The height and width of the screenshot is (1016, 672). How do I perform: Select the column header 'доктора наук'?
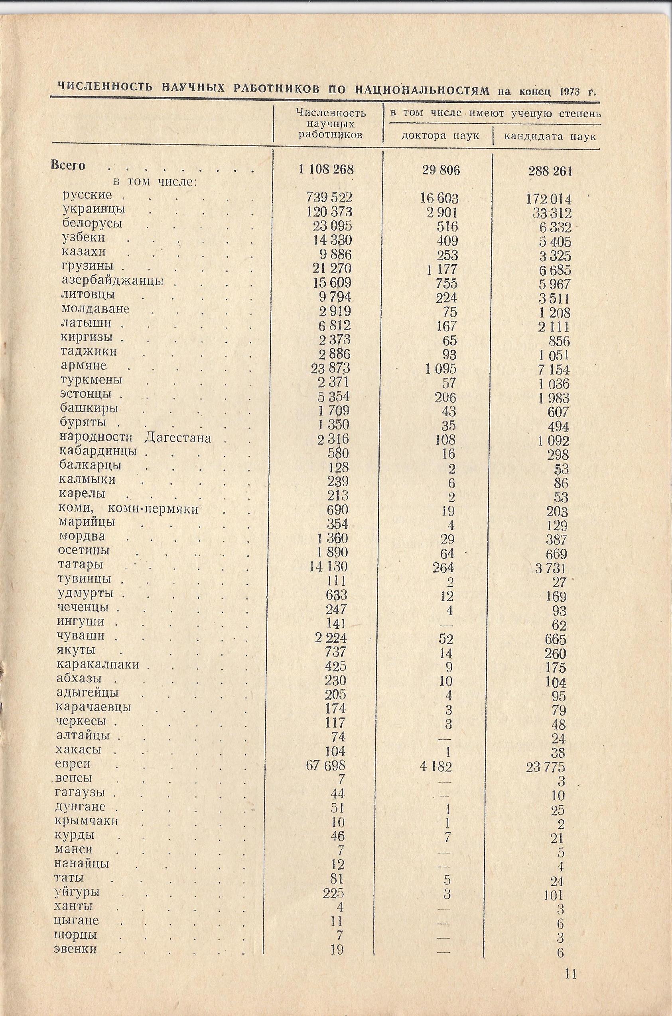point(440,136)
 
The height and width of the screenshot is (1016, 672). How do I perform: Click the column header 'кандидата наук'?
point(550,137)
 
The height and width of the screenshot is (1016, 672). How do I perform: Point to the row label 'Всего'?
point(68,165)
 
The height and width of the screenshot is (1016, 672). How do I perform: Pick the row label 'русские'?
point(87,195)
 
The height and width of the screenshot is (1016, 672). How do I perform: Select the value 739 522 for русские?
point(329,197)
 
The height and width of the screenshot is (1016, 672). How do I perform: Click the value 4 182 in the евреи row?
point(437,766)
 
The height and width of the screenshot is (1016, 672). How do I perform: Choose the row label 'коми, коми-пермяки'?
point(128,509)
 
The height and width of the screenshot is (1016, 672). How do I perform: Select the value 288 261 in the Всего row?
point(550,171)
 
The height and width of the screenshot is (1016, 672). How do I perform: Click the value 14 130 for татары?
point(328,567)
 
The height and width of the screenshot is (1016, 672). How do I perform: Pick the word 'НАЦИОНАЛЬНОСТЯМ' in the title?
point(422,90)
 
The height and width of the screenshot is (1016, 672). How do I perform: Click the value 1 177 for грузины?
point(442,269)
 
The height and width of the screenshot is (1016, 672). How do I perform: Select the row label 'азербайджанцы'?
point(112,281)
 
